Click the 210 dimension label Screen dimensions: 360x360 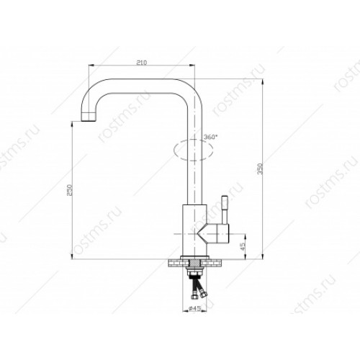coord(142,63)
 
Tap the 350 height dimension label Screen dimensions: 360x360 coord(260,168)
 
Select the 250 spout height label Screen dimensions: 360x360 coord(69,190)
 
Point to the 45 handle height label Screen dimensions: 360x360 coord(243,246)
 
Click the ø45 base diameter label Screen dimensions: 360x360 coord(194,308)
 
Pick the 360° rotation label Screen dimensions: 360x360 coord(210,137)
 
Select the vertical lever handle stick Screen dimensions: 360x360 coord(225,210)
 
